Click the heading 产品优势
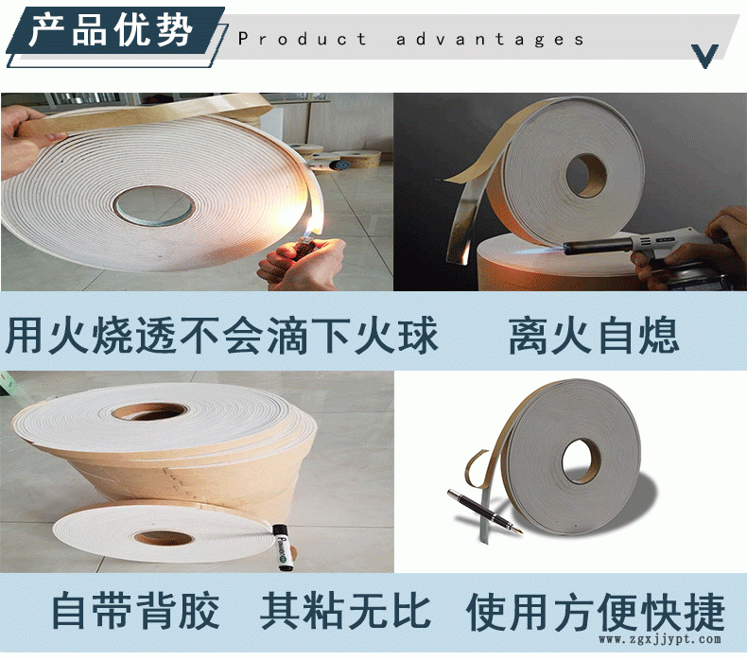click(111, 31)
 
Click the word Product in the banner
click(302, 39)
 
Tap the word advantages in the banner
click(490, 40)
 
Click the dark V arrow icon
click(704, 56)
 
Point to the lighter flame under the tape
click(310, 228)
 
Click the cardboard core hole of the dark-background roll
click(586, 175)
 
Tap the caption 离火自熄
click(594, 337)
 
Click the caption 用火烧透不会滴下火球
click(221, 336)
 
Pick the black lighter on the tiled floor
click(280, 547)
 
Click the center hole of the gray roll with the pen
click(582, 460)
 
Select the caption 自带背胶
click(135, 610)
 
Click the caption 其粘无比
click(346, 610)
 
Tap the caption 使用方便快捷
click(596, 612)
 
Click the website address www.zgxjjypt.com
click(660, 639)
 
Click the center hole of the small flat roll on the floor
click(164, 538)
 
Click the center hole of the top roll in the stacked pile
click(149, 411)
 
